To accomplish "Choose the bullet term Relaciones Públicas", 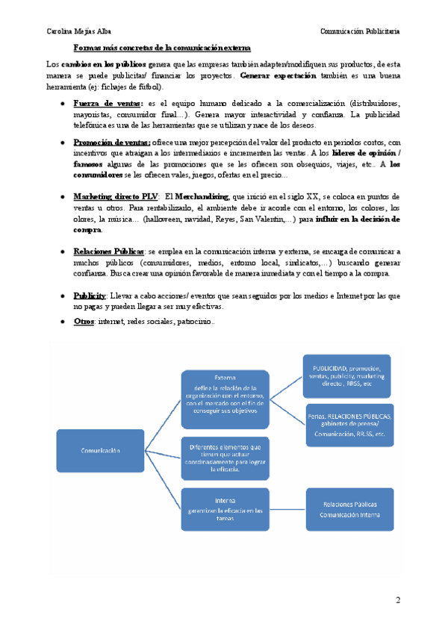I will point(111,253).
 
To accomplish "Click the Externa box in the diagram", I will point(224,393).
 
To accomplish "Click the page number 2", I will point(398,600).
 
